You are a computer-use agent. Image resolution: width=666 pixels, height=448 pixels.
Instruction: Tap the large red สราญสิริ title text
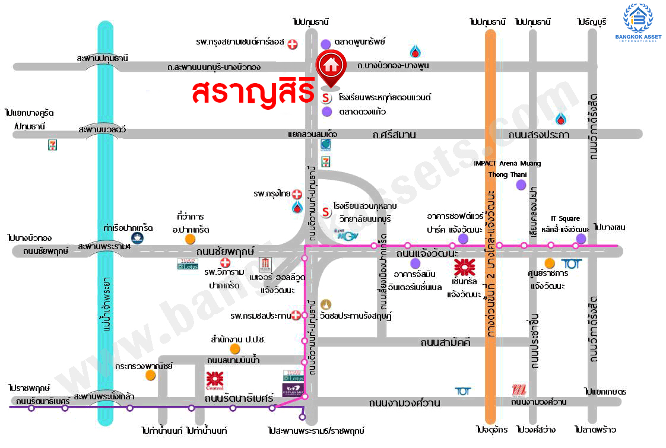click(253, 92)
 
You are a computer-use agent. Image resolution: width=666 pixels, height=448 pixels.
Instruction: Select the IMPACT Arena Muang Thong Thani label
click(507, 169)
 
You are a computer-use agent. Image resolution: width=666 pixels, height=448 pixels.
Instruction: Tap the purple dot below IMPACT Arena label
click(521, 185)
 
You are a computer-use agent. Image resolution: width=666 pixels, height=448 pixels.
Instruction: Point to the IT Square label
click(565, 218)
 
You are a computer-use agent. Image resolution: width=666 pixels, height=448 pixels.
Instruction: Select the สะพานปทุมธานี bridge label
click(102, 58)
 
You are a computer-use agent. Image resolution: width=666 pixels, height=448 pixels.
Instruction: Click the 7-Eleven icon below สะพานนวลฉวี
click(53, 145)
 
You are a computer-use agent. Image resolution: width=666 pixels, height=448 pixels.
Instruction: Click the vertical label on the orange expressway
click(490, 267)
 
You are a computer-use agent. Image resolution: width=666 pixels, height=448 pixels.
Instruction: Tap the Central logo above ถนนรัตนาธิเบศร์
click(214, 380)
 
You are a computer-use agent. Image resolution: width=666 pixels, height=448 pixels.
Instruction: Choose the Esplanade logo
click(293, 390)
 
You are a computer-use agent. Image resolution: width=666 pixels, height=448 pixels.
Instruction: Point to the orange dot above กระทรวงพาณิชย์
click(151, 375)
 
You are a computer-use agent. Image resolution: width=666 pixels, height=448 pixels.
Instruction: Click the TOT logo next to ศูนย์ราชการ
click(570, 263)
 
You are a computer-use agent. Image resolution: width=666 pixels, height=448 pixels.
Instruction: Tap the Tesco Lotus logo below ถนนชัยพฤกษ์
click(187, 264)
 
